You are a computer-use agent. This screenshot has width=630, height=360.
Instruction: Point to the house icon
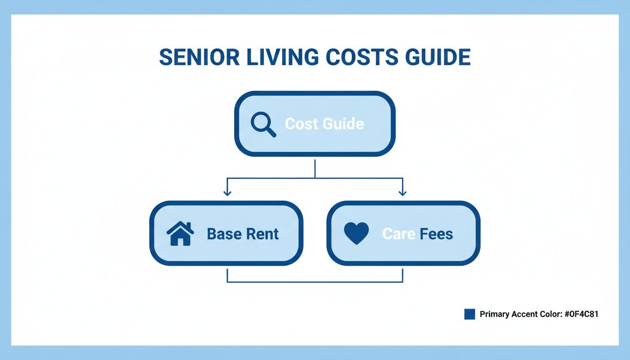180,233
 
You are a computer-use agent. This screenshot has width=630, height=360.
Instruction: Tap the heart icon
356,233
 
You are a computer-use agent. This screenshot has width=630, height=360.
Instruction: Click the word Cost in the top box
301,124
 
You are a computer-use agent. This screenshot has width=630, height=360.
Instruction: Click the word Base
223,233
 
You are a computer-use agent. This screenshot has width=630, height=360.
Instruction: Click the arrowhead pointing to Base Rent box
227,192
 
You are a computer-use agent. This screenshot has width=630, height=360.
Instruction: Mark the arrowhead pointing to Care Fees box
402,192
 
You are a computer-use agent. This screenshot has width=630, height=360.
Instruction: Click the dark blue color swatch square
470,314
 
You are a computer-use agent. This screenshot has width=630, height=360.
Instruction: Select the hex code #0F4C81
580,314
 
